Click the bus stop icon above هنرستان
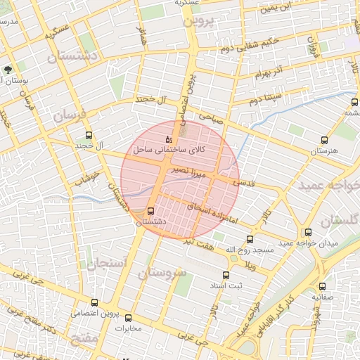point(324,140)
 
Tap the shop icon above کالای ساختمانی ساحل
point(168,140)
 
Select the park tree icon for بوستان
point(8,70)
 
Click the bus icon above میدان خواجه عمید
point(308,232)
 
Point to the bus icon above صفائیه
point(323,286)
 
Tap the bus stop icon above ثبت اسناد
point(226,275)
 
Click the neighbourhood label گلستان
point(340,220)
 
